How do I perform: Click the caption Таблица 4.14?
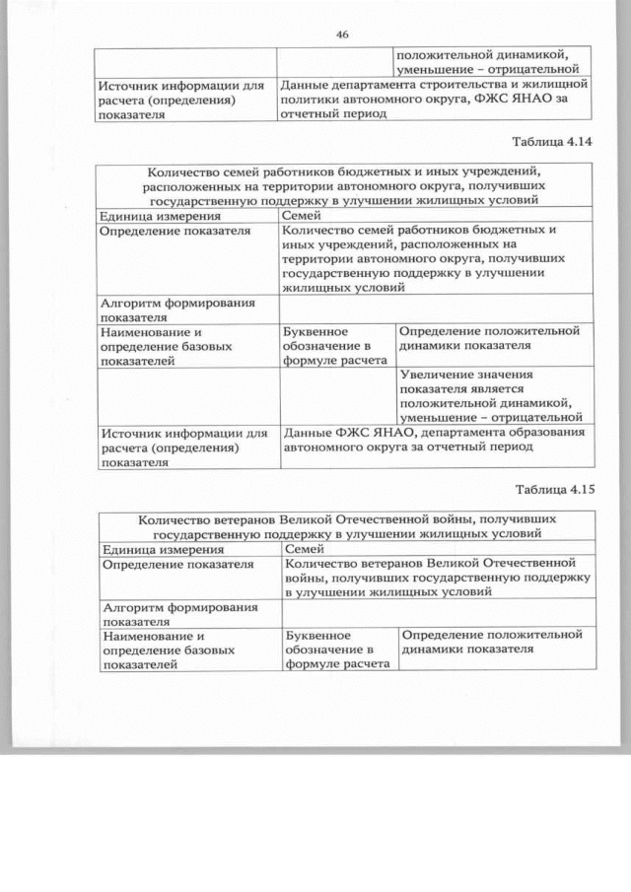coord(555,142)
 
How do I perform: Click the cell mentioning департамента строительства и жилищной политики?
coord(434,100)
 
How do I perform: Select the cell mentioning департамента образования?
coord(434,439)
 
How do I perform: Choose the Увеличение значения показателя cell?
coord(493,396)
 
